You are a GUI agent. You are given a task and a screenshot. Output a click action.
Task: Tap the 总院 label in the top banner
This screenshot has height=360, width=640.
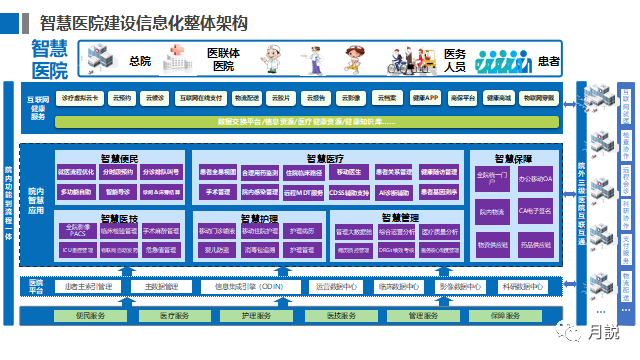140,60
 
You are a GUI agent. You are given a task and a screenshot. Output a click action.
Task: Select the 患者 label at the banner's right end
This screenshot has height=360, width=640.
549,60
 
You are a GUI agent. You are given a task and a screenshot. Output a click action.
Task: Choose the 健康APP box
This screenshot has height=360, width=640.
425,99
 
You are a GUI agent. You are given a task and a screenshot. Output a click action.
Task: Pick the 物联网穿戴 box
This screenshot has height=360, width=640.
541,99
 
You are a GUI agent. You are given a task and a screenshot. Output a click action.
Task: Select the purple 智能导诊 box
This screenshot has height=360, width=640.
119,190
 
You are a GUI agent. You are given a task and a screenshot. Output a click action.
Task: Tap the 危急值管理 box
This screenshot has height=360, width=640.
160,249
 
